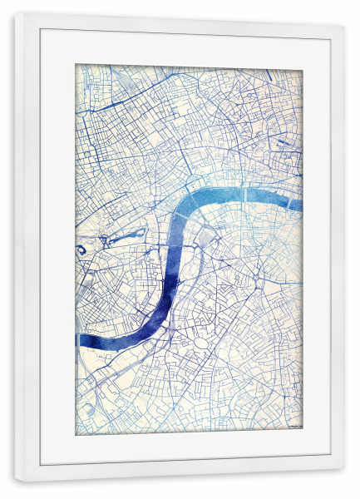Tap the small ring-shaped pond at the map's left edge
(x=82, y=249)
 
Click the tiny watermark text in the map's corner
(x=292, y=428)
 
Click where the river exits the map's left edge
(x=78, y=340)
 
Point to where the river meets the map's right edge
(x=300, y=205)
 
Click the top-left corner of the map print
(x=76, y=65)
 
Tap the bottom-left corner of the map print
(x=76, y=434)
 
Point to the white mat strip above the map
(x=187, y=48)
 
